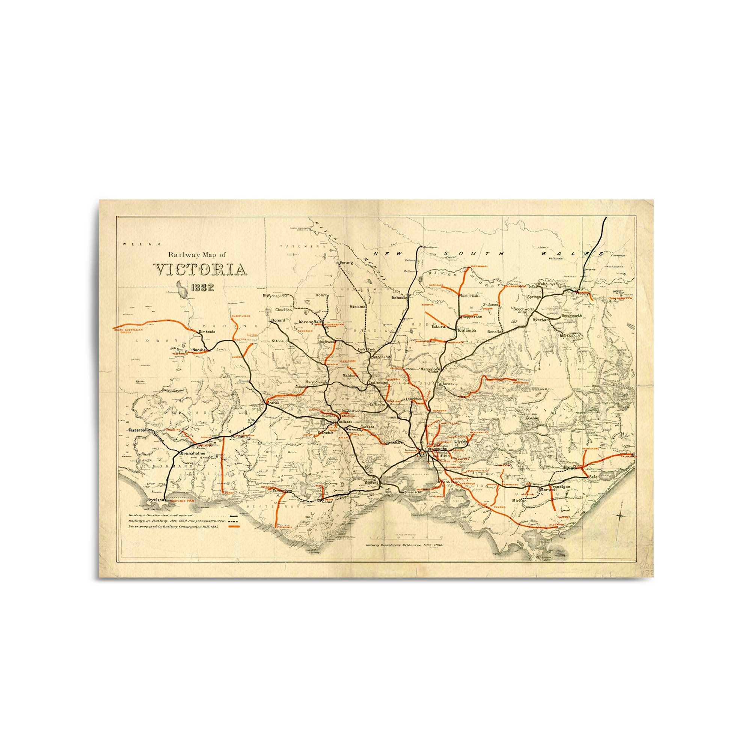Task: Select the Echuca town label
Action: [x=399, y=308]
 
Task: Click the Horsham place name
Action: [x=200, y=350]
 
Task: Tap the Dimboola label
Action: [x=207, y=332]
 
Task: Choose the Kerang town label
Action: [x=346, y=263]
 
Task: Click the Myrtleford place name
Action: [x=570, y=335]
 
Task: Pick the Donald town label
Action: [x=278, y=320]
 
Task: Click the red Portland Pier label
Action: [x=181, y=501]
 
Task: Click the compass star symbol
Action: [x=621, y=516]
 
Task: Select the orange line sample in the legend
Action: [x=234, y=526]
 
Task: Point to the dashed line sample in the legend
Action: [x=234, y=521]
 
